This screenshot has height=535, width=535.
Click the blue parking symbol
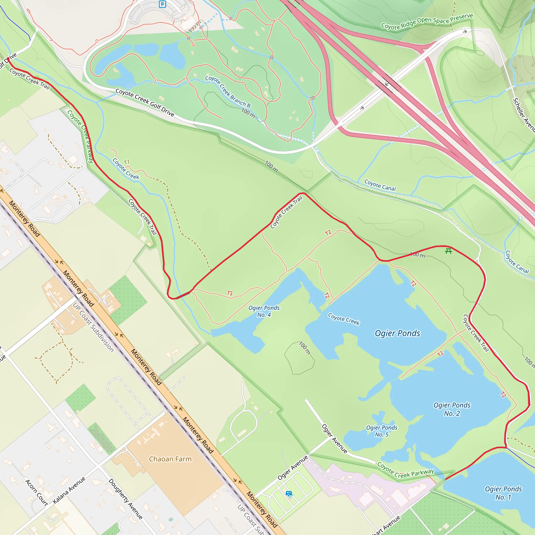point(162,4)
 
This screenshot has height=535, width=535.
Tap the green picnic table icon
point(449,251)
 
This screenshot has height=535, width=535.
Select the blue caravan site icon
point(289,493)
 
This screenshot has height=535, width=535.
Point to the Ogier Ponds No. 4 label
point(264,311)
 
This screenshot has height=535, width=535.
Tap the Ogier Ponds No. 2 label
point(452,409)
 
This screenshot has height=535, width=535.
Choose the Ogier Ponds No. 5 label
point(382,431)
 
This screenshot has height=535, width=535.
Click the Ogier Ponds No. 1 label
point(503,493)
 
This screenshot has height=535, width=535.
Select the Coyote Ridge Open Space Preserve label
point(427,21)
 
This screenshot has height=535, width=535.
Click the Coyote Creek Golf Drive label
point(145,102)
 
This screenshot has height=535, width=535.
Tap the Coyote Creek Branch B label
point(228,91)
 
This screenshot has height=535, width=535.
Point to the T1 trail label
point(126,162)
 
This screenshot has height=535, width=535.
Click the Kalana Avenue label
point(69,490)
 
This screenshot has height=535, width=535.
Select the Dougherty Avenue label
point(125,499)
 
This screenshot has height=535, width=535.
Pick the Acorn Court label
point(36,493)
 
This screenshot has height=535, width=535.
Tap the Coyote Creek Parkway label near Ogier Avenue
point(405,470)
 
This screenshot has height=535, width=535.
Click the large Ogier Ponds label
point(397,333)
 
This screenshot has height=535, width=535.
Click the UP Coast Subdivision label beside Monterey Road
point(93,327)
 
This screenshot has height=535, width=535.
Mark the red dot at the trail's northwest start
point(8,59)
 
